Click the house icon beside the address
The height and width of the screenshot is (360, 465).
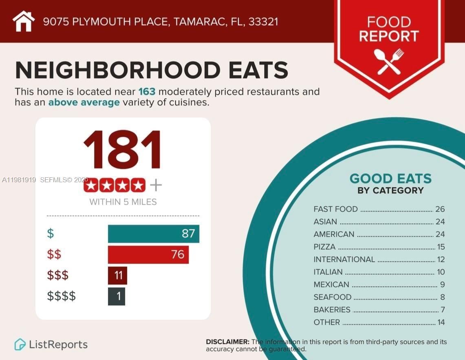click(x=24, y=21)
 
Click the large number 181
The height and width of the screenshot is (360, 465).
click(x=123, y=150)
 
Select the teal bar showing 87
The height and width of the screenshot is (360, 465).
click(x=153, y=234)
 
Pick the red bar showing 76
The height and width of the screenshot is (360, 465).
click(x=148, y=254)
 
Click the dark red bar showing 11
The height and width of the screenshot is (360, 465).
click(x=117, y=275)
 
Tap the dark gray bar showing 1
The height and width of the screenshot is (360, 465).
click(x=117, y=296)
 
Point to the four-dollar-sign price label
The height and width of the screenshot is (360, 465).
click(x=62, y=296)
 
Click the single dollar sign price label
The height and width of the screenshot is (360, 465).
click(x=51, y=234)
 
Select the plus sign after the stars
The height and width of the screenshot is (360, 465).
click(x=156, y=186)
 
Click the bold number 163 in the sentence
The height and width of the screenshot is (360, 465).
click(x=147, y=91)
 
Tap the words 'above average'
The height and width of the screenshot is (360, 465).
click(x=84, y=102)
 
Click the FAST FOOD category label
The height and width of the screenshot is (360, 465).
click(x=335, y=209)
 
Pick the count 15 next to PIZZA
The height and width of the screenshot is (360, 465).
click(x=441, y=247)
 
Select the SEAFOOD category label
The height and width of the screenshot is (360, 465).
click(x=332, y=297)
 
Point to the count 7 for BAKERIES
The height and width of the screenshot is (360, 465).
click(x=443, y=310)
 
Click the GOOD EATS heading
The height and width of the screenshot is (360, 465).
click(x=390, y=179)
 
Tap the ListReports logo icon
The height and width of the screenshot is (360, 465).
click(x=20, y=345)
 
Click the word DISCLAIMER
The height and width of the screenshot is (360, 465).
click(x=227, y=342)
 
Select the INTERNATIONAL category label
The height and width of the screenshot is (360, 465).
click(x=344, y=259)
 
